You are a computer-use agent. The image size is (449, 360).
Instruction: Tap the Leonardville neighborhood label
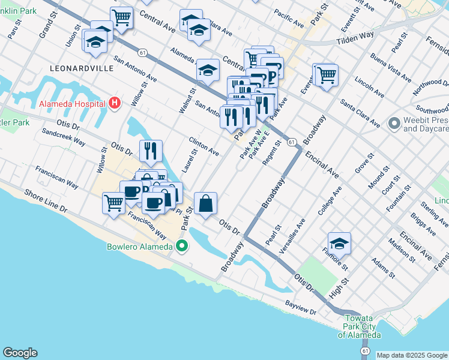[81, 69]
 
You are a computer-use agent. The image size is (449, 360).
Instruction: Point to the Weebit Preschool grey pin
[394, 124]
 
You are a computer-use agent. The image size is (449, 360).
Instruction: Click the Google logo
[20, 353]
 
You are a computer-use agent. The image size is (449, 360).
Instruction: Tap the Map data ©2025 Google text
[412, 355]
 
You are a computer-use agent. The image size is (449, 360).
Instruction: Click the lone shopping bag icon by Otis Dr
[205, 203]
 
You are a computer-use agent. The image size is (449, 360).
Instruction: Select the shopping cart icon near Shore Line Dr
[113, 203]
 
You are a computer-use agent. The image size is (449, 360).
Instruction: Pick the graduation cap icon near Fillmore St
[339, 243]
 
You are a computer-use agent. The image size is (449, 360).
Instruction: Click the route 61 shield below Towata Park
[364, 349]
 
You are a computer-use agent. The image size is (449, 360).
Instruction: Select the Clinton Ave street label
[203, 146]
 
